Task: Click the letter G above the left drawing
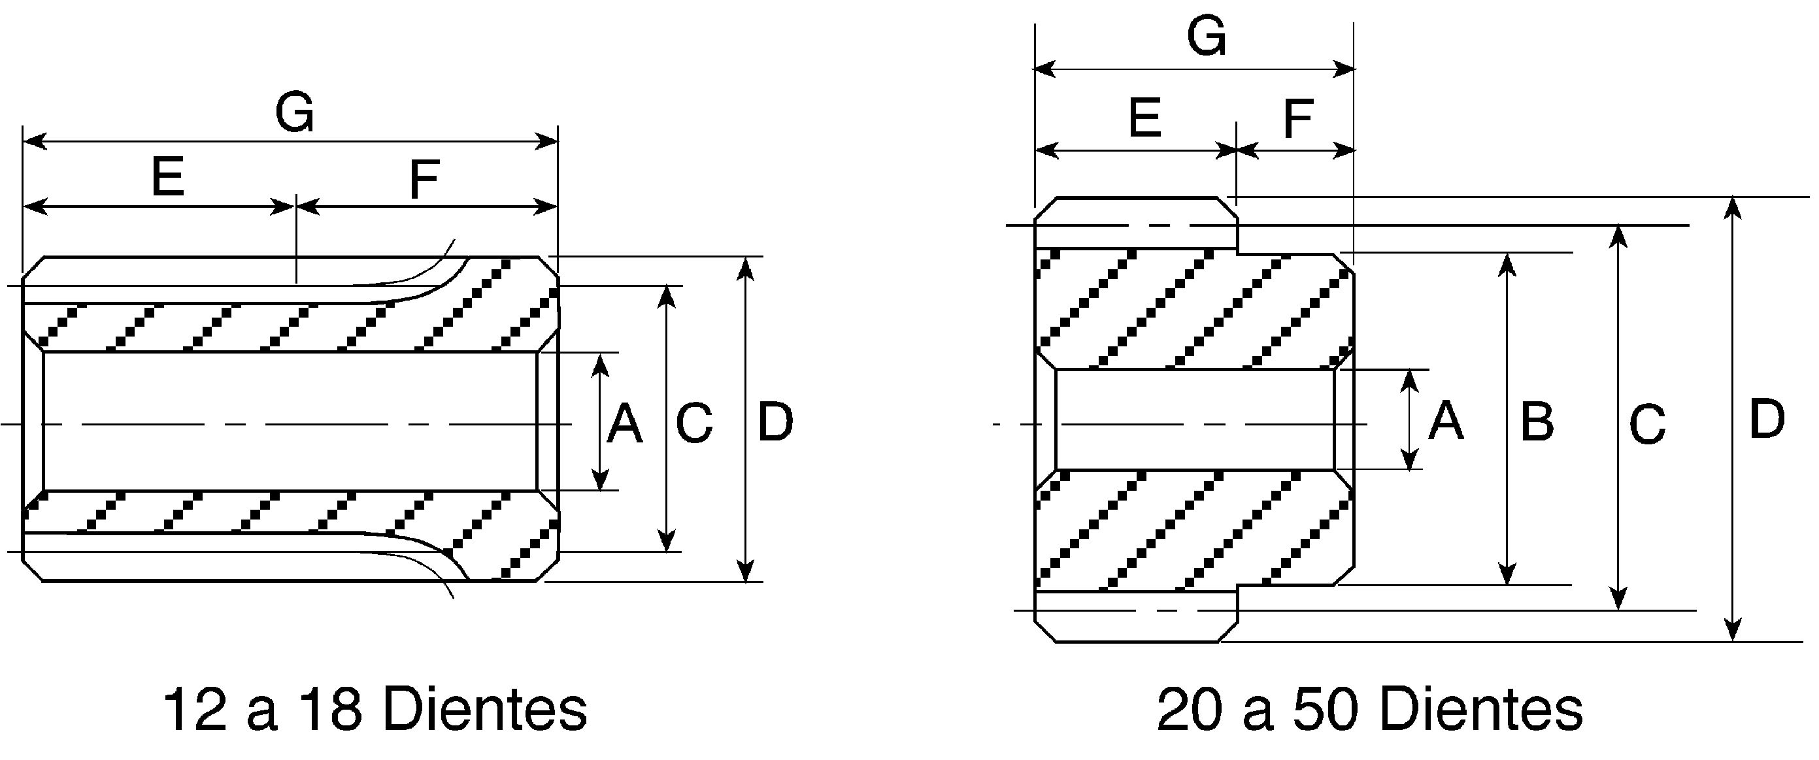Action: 295,113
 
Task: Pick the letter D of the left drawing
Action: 775,422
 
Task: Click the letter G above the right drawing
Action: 1206,36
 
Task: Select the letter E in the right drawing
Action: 1144,118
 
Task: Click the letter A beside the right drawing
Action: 1445,421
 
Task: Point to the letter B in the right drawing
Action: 1537,421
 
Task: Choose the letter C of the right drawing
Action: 1647,425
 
